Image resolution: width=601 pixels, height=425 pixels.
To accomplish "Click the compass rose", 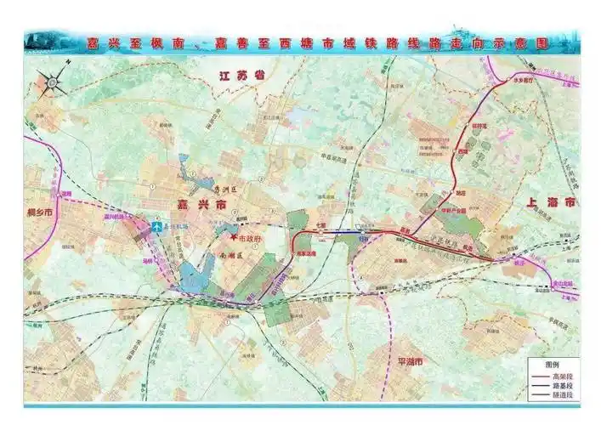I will pos(52,82).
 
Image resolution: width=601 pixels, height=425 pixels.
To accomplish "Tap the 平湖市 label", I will pos(416,360).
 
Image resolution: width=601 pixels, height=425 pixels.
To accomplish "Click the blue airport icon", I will pos(157,227).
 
